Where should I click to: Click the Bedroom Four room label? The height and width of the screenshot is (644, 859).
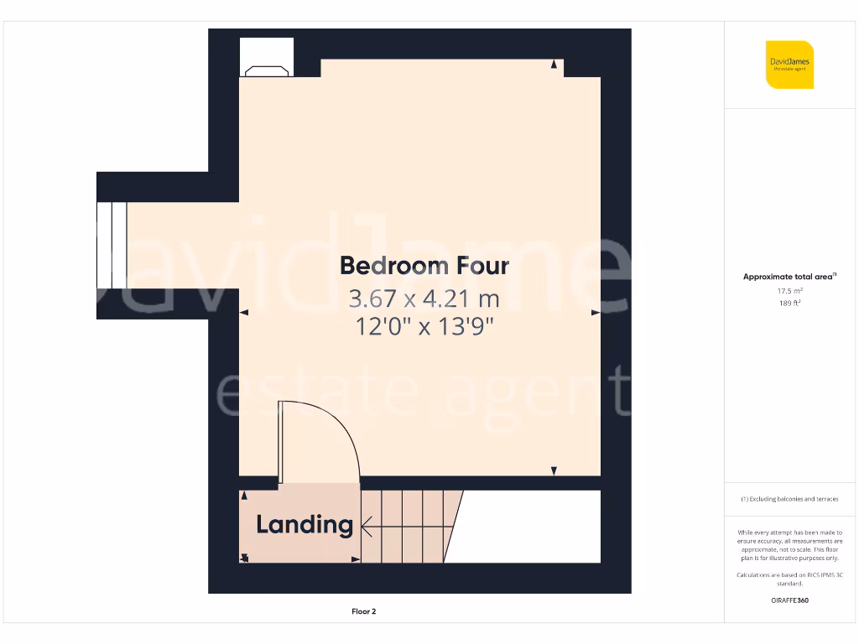pyautogui.click(x=424, y=266)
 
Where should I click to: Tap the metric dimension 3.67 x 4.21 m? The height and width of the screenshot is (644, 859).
pyautogui.click(x=424, y=298)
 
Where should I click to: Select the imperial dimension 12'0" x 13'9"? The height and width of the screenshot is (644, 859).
pyautogui.click(x=424, y=326)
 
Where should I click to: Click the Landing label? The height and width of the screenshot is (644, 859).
pyautogui.click(x=304, y=525)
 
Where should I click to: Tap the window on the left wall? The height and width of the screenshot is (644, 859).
pyautogui.click(x=112, y=245)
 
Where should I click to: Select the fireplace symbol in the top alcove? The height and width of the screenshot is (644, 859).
pyautogui.click(x=267, y=70)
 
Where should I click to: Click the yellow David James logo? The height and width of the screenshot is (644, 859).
pyautogui.click(x=789, y=65)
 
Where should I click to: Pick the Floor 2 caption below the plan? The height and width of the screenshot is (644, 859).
pyautogui.click(x=363, y=611)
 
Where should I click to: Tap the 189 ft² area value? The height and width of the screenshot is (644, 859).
pyautogui.click(x=789, y=303)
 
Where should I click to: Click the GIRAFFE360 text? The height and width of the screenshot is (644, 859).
pyautogui.click(x=789, y=600)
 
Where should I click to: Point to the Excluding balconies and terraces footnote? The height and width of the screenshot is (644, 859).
pyautogui.click(x=789, y=499)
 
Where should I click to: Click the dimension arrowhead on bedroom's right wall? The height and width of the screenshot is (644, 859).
pyautogui.click(x=596, y=312)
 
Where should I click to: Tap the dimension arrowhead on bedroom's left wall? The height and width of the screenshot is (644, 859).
pyautogui.click(x=244, y=312)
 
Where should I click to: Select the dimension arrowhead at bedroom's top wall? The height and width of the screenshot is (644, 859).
pyautogui.click(x=554, y=65)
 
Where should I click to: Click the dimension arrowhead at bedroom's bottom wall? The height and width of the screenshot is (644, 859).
pyautogui.click(x=554, y=471)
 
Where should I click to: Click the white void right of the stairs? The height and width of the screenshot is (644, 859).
pyautogui.click(x=528, y=527)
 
